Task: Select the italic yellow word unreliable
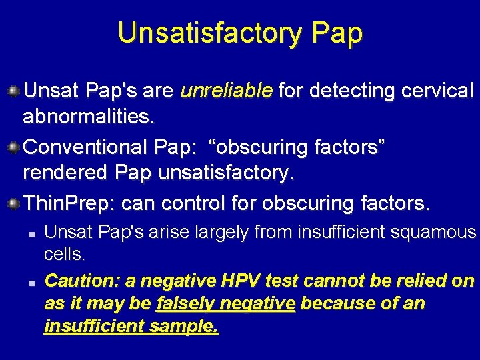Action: point(227,90)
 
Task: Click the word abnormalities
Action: point(89,118)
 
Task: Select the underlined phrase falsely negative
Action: point(225,304)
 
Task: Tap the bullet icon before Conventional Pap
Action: point(13,146)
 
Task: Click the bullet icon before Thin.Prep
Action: point(13,201)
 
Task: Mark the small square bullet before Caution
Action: point(31,281)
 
